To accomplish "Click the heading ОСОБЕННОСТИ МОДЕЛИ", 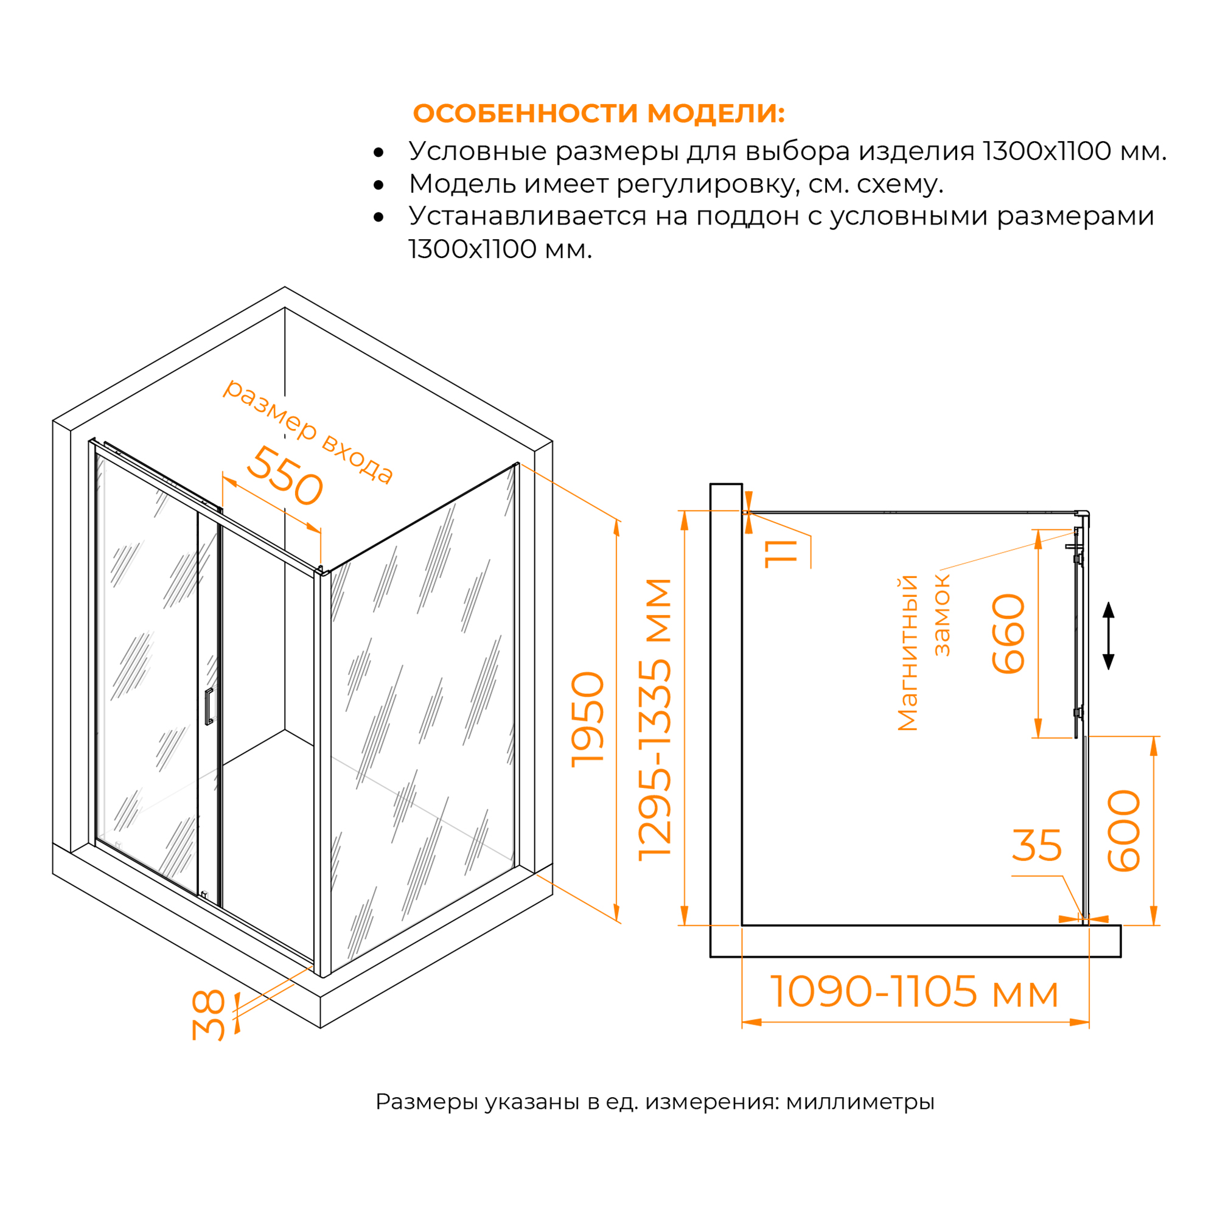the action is [598, 113].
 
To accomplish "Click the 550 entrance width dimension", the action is [285, 477].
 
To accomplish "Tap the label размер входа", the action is [309, 431].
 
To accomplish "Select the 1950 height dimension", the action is [587, 719].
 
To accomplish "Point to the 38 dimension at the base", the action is [209, 1015].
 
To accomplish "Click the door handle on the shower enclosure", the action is [209, 706].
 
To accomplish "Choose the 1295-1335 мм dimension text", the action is [655, 719].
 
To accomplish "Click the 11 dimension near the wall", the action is [781, 554].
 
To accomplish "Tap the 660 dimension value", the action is [1008, 633].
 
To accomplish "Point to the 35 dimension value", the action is [1036, 845].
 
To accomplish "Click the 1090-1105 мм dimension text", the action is [914, 991].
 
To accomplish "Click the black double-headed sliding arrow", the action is [1109, 636].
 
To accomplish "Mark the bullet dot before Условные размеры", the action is [378, 153].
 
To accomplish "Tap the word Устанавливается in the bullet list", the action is [527, 216].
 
